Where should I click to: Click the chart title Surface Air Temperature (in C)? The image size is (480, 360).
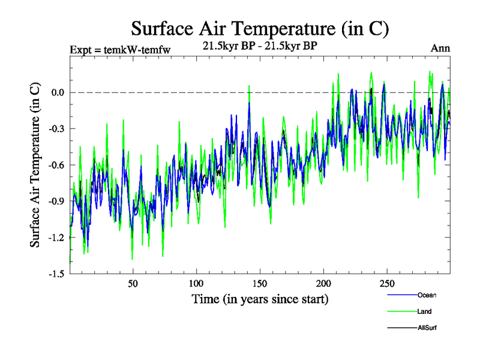[260, 29]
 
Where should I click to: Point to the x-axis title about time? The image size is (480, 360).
[260, 298]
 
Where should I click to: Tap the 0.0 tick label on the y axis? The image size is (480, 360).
[58, 92]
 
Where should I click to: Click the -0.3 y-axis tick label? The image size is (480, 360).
[56, 128]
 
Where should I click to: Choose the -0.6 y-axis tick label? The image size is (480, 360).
[56, 165]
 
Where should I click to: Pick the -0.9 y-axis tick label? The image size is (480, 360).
[56, 201]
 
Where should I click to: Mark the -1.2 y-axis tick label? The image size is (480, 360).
[56, 238]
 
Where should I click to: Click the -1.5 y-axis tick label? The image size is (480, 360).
[56, 274]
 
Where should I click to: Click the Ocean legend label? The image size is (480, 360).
[427, 295]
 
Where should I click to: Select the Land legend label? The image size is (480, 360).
[424, 311]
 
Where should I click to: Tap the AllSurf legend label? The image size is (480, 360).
[428, 328]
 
